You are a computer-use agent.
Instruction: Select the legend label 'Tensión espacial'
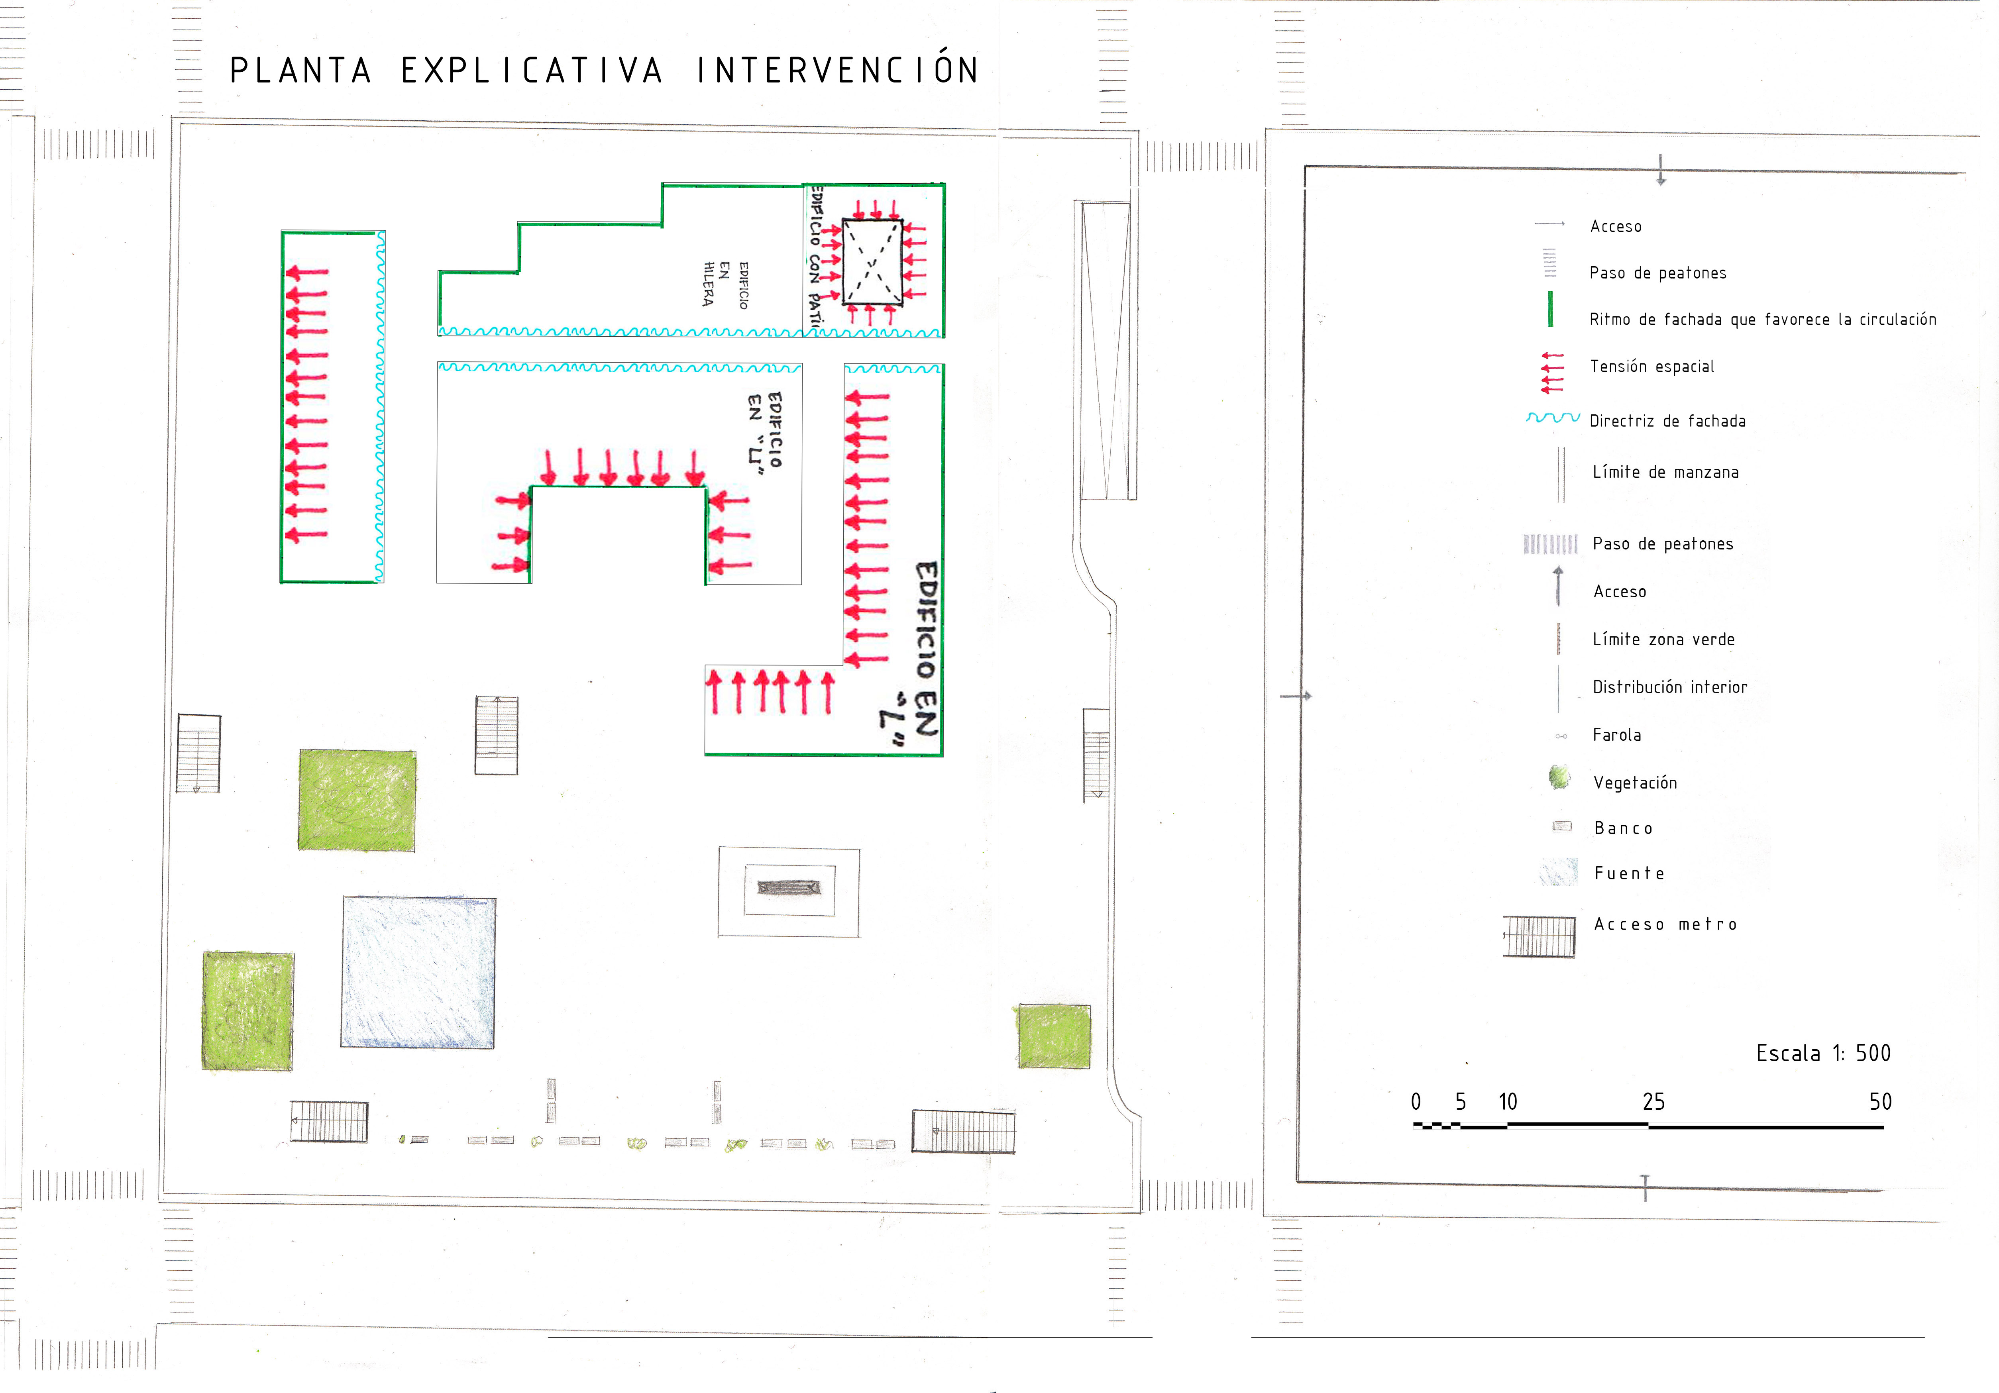[1651, 367]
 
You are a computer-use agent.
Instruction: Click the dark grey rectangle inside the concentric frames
[789, 888]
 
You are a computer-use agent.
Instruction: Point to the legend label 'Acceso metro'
[1665, 924]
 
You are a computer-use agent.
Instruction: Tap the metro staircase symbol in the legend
[1539, 937]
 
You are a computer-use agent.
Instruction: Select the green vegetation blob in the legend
[1559, 777]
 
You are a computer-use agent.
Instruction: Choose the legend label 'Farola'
[1617, 735]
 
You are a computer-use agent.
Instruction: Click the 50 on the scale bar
[1880, 1102]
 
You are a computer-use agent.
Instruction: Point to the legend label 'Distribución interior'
[1669, 687]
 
